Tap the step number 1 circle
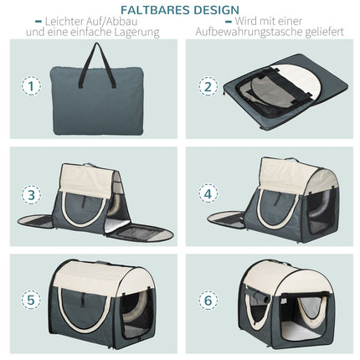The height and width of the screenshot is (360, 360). tap(31, 86)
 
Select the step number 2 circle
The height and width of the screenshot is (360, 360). tap(208, 86)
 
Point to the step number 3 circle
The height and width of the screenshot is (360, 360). tap(31, 194)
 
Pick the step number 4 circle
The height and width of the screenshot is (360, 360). tap(208, 194)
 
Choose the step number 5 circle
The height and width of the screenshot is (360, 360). tap(31, 301)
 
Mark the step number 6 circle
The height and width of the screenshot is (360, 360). tap(208, 301)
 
